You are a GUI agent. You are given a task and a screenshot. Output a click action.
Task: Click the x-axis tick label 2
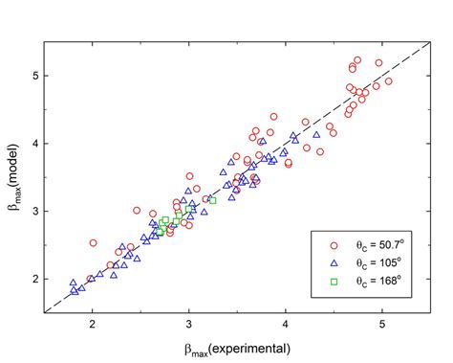point(92,323)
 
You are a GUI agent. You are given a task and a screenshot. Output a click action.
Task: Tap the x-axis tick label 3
point(189,323)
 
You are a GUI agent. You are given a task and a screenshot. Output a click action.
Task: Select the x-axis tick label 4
point(286,323)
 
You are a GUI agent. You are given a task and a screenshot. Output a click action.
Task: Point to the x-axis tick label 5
point(382,323)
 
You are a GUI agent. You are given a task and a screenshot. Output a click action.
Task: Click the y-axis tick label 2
point(32,279)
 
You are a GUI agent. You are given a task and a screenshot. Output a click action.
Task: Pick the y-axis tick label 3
point(32,211)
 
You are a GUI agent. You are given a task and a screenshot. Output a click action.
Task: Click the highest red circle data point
point(357,60)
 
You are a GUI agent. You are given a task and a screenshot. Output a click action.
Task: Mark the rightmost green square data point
point(212,200)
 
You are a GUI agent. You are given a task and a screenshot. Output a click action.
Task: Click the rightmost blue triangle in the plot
point(314,135)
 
